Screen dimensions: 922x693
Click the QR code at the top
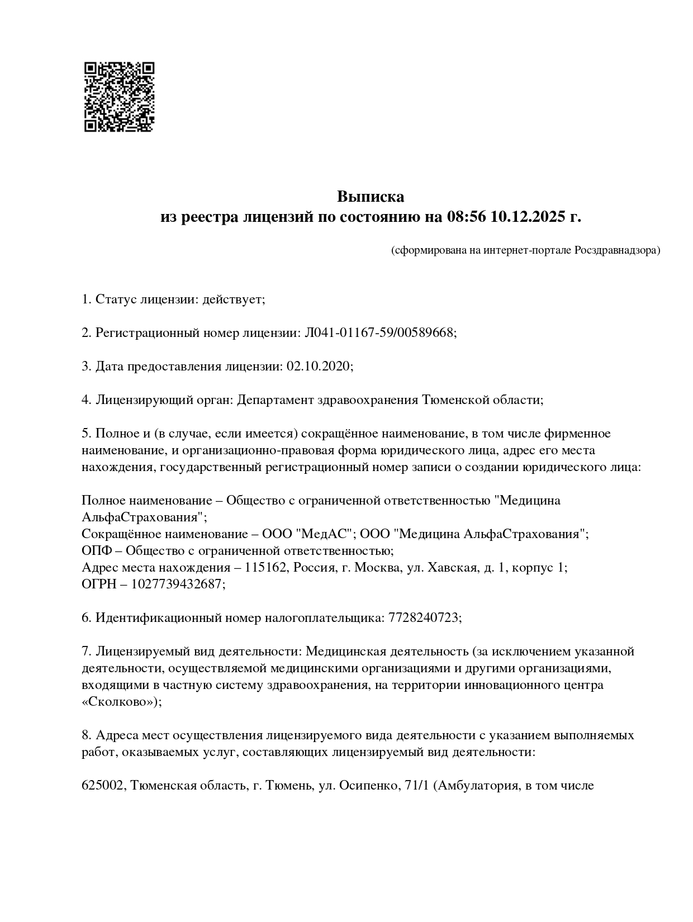pyautogui.click(x=119, y=97)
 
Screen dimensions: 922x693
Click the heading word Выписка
pyautogui.click(x=370, y=197)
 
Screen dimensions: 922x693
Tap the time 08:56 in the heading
pyautogui.click(x=466, y=217)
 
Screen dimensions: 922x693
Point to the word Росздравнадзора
pyautogui.click(x=617, y=250)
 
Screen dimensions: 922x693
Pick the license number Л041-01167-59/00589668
pyautogui.click(x=379, y=333)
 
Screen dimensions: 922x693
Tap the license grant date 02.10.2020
pyautogui.click(x=319, y=367)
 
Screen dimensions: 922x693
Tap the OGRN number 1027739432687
pyautogui.click(x=178, y=584)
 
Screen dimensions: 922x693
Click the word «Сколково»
pyautogui.click(x=121, y=702)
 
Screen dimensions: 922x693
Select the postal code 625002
pyautogui.click(x=104, y=786)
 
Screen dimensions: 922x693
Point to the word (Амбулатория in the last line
pyautogui.click(x=475, y=786)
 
